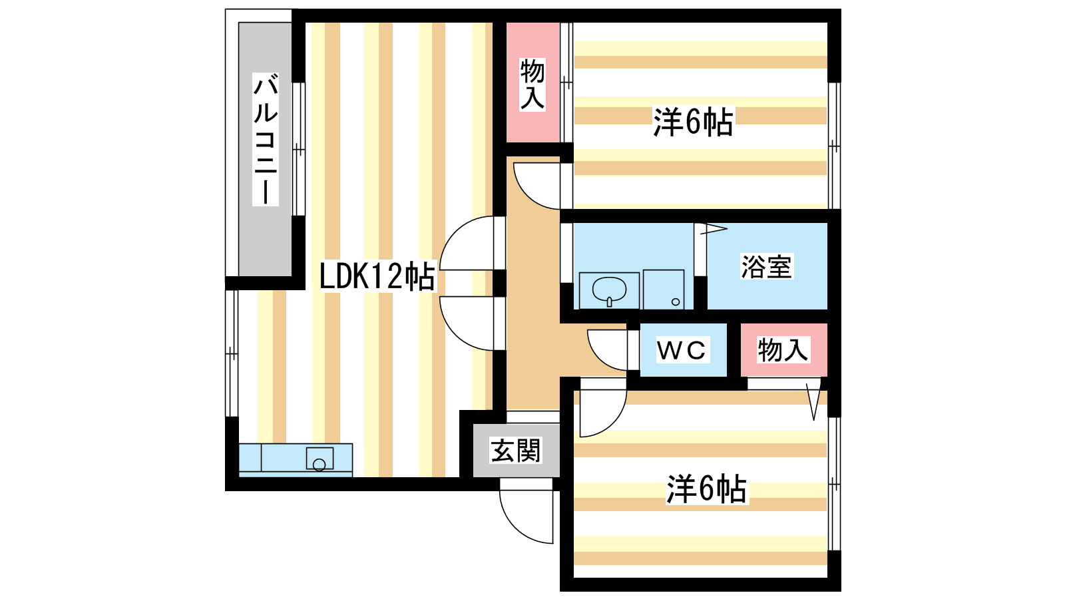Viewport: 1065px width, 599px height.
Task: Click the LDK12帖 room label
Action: (377, 276)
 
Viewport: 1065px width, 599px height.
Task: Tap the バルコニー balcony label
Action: (265, 140)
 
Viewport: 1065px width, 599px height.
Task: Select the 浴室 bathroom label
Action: (766, 267)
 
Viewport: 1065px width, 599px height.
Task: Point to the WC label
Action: (681, 350)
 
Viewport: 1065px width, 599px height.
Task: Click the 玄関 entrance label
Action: (516, 451)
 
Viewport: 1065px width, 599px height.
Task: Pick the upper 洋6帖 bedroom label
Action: (693, 122)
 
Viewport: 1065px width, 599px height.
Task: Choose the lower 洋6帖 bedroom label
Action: (706, 489)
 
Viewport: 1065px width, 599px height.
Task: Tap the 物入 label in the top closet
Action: (532, 83)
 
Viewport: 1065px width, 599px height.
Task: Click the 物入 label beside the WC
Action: (783, 350)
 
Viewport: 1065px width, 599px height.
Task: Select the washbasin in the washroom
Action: (609, 290)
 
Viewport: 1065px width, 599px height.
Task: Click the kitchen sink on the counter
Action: (319, 459)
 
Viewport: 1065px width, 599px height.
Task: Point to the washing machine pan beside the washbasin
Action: (664, 290)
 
